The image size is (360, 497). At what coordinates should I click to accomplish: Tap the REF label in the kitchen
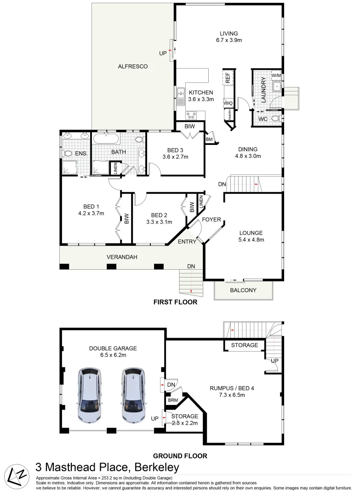pyautogui.click(x=228, y=77)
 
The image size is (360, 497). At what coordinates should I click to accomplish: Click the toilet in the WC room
pyautogui.click(x=275, y=119)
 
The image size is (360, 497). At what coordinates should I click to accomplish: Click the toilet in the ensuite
pyautogui.click(x=67, y=154)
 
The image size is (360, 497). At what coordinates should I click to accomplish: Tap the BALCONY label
pyautogui.click(x=243, y=290)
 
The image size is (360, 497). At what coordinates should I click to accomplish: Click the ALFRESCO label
pyautogui.click(x=133, y=67)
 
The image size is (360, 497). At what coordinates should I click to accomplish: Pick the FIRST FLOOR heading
pyautogui.click(x=176, y=303)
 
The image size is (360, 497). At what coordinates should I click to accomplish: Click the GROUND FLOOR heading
pyautogui.click(x=180, y=456)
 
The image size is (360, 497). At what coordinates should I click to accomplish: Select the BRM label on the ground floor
pyautogui.click(x=173, y=400)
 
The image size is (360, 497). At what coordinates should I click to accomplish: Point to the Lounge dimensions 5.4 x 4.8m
pyautogui.click(x=251, y=239)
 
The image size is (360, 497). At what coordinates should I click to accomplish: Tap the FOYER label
pyautogui.click(x=211, y=220)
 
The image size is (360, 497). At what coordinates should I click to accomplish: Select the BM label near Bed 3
pyautogui.click(x=210, y=139)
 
